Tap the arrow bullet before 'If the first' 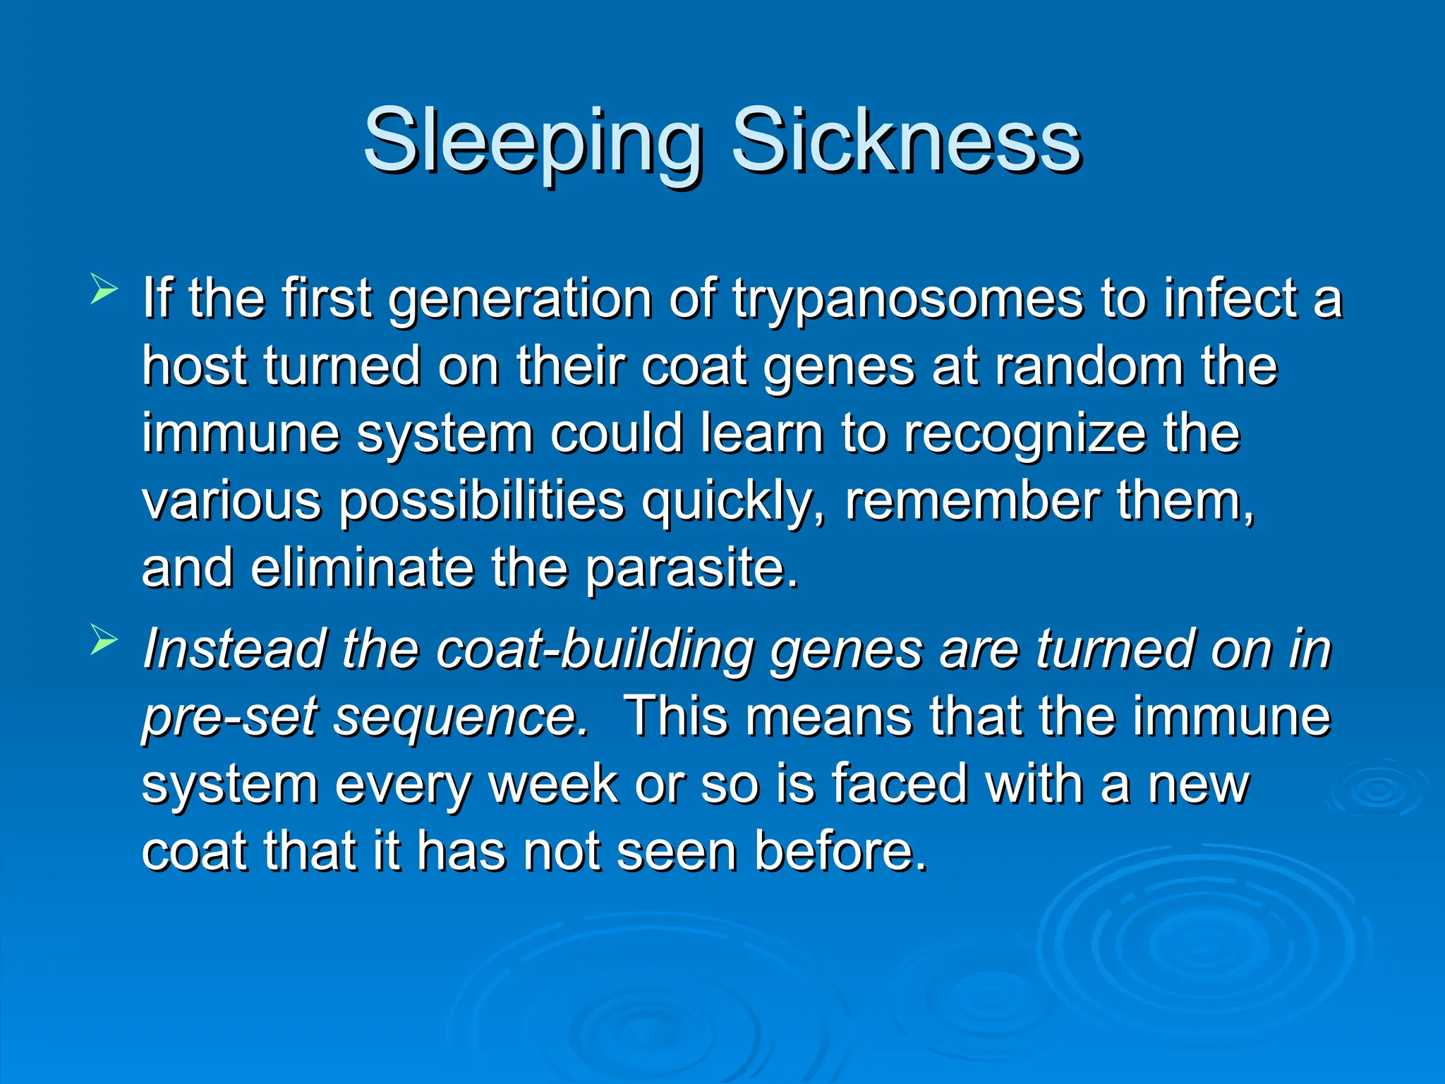103,290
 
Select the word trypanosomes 907,300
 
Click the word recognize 1024,434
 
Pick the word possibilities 481,501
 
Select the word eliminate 362,568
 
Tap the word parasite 690,568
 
